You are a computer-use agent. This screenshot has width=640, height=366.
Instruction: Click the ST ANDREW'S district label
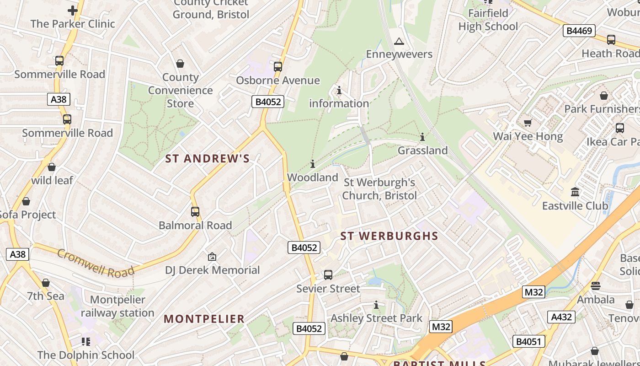pos(207,159)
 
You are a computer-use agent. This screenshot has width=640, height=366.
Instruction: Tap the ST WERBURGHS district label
pos(389,236)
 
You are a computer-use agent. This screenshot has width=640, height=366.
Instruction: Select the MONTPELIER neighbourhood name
pos(204,319)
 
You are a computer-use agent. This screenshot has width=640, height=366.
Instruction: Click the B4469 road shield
pos(579,31)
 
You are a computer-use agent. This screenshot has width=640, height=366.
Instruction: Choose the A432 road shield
pos(562,317)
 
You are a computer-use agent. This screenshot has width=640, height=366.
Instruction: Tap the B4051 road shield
pos(528,341)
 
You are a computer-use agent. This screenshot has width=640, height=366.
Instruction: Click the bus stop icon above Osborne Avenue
pos(277,67)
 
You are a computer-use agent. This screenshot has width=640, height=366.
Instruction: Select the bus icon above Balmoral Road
pos(195,212)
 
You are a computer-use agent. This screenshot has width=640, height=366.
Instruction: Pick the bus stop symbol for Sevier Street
pos(328,275)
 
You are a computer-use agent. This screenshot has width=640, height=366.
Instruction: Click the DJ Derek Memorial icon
pos(212,257)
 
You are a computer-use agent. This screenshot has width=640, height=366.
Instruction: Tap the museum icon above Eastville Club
pos(575,192)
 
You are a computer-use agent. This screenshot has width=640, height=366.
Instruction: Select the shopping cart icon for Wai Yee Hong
pos(528,123)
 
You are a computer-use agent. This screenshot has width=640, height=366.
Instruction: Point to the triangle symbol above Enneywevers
pos(399,42)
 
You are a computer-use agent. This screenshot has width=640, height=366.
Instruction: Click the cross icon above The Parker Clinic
pos(72,11)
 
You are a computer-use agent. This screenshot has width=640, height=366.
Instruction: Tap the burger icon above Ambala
pos(595,286)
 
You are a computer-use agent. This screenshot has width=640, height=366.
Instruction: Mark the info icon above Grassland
pos(422,137)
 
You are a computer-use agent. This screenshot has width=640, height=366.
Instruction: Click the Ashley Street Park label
pos(376,318)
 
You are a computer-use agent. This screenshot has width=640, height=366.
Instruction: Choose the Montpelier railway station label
pos(117,307)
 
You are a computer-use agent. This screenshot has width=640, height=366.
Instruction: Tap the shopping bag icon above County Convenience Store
pos(180,64)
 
